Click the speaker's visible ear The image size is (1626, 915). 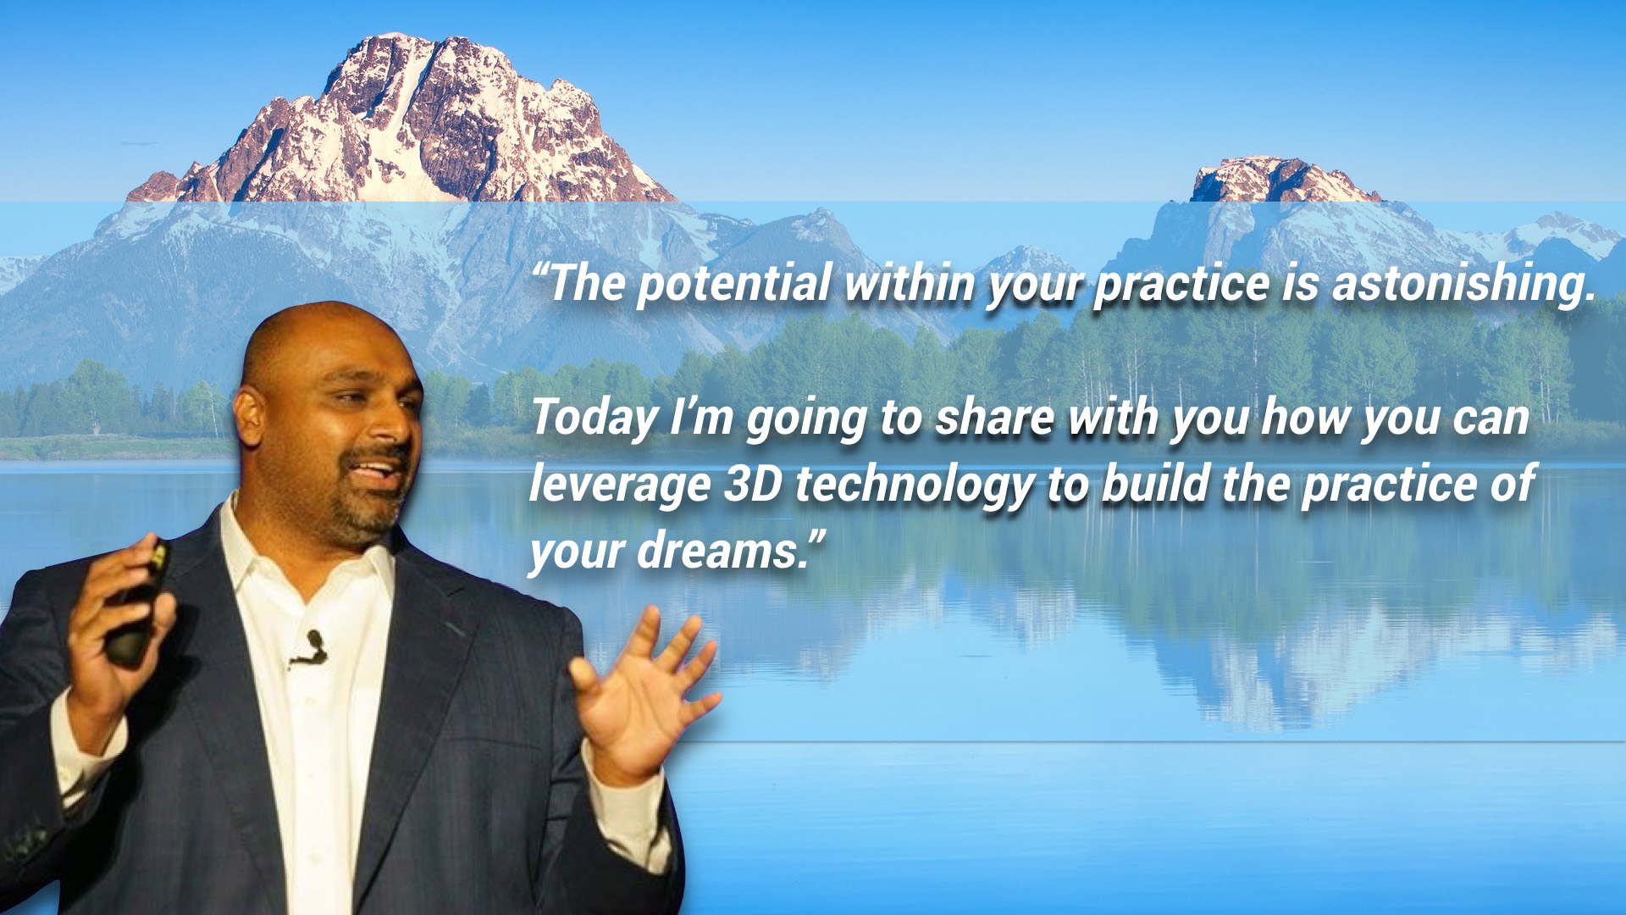click(x=249, y=415)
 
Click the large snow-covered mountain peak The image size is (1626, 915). click(x=406, y=119)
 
